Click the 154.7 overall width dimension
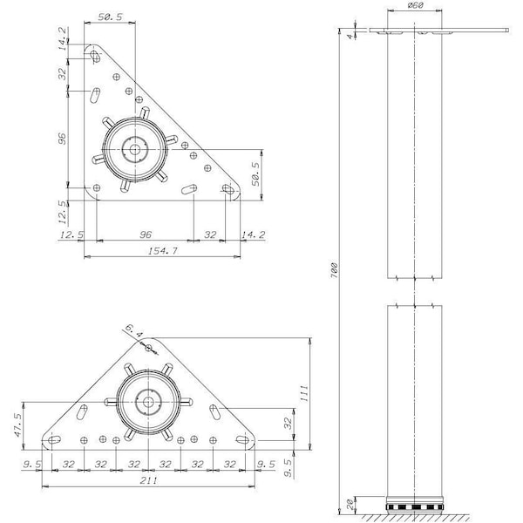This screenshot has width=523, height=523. [x=162, y=250]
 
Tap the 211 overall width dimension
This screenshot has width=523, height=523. [x=148, y=480]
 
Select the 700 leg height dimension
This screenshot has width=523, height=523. [x=334, y=270]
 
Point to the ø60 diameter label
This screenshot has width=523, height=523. [x=415, y=5]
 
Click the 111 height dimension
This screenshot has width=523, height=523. [x=304, y=393]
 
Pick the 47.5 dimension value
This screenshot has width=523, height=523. [x=17, y=425]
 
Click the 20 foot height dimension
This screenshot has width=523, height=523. [x=350, y=505]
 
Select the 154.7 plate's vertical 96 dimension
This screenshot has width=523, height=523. [x=62, y=139]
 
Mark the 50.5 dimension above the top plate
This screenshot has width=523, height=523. [x=111, y=17]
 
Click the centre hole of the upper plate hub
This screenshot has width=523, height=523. [x=135, y=149]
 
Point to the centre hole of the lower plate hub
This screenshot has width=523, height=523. [x=148, y=402]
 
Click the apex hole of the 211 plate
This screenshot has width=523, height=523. [x=149, y=348]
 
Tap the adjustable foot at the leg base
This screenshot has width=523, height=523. [x=415, y=504]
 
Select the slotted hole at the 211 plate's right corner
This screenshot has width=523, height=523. [x=242, y=439]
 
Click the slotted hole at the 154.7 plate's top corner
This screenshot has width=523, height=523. [x=95, y=57]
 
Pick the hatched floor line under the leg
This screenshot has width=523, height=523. [x=415, y=517]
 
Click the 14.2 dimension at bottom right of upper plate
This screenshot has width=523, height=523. [x=254, y=234]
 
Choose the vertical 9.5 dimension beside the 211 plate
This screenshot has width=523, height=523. [x=289, y=467]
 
